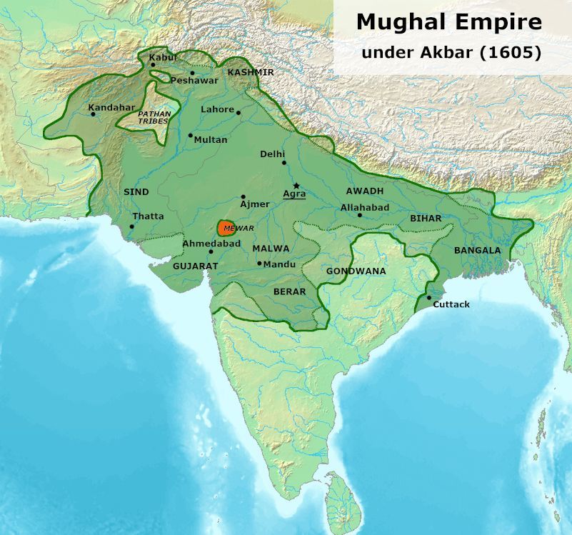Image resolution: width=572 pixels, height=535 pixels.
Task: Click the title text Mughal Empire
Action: tap(448, 22)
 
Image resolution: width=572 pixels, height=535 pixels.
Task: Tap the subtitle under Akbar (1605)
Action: tap(451, 52)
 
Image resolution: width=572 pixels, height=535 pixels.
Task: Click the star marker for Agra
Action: tap(296, 186)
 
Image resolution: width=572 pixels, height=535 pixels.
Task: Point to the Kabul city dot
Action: tap(153, 64)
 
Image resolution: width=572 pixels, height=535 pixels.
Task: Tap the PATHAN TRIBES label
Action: tap(153, 117)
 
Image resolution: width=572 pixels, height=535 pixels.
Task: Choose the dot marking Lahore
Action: tap(239, 112)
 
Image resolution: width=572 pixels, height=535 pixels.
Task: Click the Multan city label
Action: tap(211, 140)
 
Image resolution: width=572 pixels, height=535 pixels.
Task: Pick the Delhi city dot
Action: tap(284, 163)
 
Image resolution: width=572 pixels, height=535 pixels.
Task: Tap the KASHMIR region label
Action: tap(251, 73)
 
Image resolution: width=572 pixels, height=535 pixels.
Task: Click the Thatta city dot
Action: tap(131, 227)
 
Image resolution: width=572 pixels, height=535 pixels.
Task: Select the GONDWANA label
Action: tap(356, 271)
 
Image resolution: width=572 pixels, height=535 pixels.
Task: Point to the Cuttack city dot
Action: tap(428, 297)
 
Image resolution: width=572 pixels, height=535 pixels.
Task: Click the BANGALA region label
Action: tap(477, 251)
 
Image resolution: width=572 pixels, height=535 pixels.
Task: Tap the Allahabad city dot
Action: tap(360, 215)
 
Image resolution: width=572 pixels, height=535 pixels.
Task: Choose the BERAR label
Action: tap(289, 291)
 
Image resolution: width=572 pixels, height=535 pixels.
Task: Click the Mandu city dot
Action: tap(259, 264)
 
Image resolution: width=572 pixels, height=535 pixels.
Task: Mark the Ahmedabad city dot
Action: tap(211, 251)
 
